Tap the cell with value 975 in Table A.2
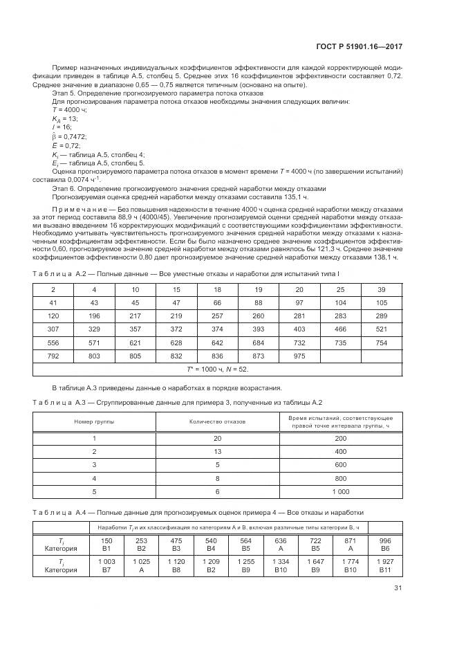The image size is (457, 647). [x=299, y=355]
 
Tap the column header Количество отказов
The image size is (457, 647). [x=217, y=421]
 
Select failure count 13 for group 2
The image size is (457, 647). [x=217, y=451]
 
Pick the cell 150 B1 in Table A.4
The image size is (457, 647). [x=107, y=545]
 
